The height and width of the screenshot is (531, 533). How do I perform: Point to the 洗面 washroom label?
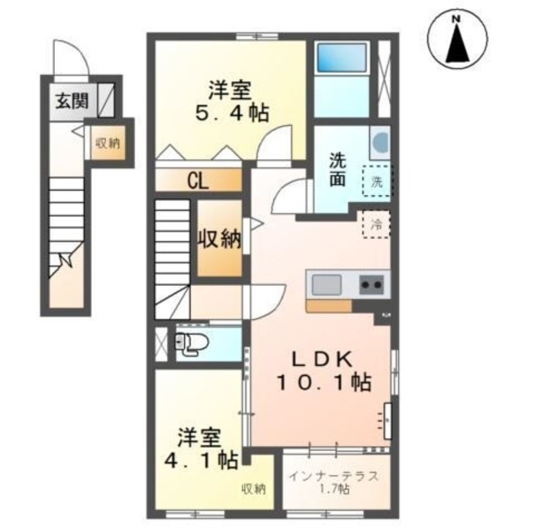point(337,170)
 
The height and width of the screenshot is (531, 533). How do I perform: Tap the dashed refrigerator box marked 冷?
point(376,223)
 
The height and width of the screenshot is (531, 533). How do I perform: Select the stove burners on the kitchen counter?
point(371,284)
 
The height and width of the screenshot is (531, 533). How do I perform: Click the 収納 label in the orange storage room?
point(219,239)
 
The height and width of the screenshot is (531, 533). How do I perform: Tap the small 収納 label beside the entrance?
point(107,143)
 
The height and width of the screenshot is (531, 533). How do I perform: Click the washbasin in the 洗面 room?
point(379,143)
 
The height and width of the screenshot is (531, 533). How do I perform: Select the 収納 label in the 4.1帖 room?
point(254,488)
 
